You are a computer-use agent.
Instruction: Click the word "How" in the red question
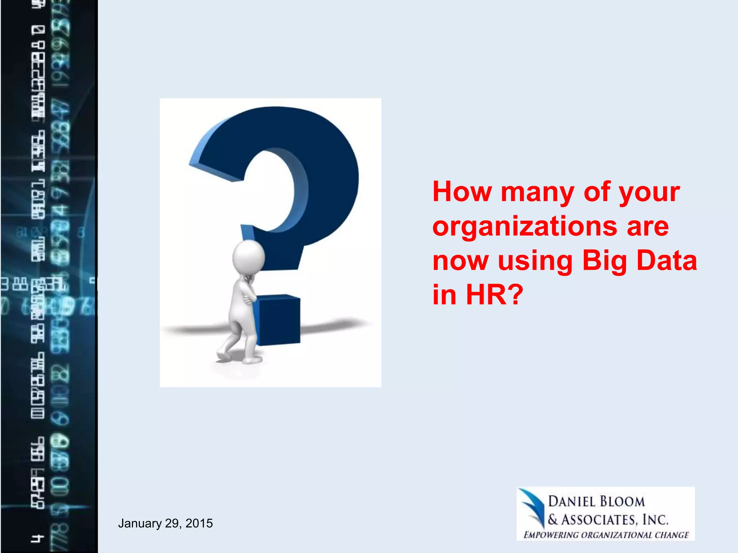[462, 192]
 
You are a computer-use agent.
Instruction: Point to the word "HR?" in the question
[494, 295]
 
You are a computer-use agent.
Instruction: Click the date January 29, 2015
[165, 523]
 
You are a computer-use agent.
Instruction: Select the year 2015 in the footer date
[199, 523]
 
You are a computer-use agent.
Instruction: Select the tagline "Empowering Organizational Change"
[606, 535]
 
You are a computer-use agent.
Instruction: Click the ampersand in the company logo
[553, 520]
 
